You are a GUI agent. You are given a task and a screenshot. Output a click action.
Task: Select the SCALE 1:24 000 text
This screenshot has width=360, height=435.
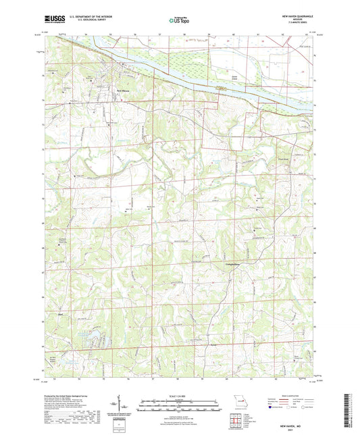179,396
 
